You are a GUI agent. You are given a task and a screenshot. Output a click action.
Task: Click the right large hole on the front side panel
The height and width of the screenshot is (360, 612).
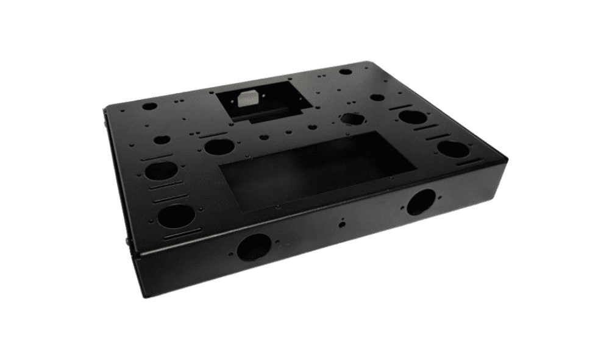[x=421, y=202]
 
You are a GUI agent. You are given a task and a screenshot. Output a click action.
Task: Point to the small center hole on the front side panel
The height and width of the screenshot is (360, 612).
[x=343, y=224]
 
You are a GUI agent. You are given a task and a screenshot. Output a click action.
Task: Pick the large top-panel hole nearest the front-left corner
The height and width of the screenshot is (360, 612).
[x=176, y=216]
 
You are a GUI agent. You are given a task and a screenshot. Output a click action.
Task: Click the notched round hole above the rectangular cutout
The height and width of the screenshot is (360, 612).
[x=352, y=119]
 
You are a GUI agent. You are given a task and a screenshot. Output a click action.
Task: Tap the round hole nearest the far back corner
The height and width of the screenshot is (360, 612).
[x=346, y=72]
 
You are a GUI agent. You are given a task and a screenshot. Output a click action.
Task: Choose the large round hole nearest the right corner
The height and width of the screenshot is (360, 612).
[x=453, y=149]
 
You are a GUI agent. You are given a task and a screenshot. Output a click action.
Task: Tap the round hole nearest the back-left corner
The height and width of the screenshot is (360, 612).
[x=149, y=106]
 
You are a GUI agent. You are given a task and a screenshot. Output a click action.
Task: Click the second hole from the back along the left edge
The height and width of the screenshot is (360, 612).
[x=162, y=139]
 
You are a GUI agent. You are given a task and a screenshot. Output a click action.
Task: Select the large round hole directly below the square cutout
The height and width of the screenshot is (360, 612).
[x=219, y=146]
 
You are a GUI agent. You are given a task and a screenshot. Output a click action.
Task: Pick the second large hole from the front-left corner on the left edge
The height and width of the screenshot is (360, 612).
[x=161, y=171]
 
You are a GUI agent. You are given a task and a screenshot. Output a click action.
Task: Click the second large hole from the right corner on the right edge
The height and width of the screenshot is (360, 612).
[x=413, y=116]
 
